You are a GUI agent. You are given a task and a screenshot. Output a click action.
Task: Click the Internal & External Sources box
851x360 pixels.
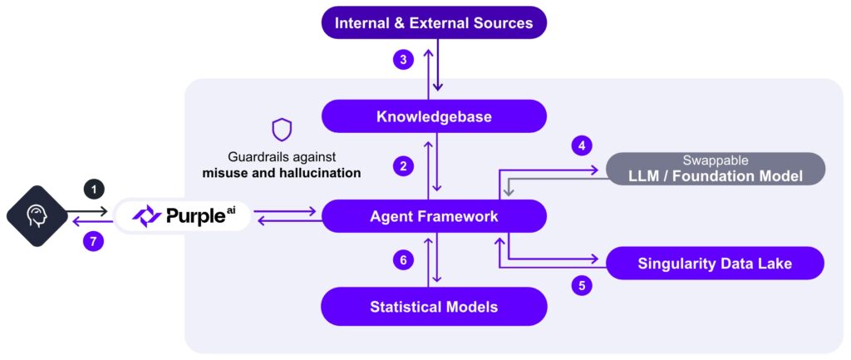[x=434, y=22]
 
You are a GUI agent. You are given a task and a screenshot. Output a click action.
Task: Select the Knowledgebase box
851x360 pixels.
[x=434, y=116]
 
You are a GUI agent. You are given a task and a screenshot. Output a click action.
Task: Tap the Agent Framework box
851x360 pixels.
[x=434, y=216]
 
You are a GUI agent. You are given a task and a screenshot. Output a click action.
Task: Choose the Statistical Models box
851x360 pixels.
[x=434, y=307]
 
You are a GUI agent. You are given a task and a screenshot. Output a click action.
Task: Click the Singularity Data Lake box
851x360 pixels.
[x=715, y=264]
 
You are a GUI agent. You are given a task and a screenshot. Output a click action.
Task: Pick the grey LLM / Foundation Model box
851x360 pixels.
[x=715, y=169]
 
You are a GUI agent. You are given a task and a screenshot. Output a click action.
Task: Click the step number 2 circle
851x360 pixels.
[x=403, y=166]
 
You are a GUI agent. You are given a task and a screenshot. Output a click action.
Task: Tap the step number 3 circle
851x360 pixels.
[x=403, y=60]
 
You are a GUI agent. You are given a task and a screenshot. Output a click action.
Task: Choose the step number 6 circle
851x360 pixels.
[x=403, y=260]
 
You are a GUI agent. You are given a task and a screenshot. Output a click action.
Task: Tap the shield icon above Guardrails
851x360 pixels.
[x=281, y=130]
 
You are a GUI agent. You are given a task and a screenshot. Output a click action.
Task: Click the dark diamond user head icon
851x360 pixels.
[x=36, y=215]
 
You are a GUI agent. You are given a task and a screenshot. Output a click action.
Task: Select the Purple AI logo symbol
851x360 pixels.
[x=147, y=216]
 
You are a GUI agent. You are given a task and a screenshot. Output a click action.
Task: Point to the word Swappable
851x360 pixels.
[x=714, y=159]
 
